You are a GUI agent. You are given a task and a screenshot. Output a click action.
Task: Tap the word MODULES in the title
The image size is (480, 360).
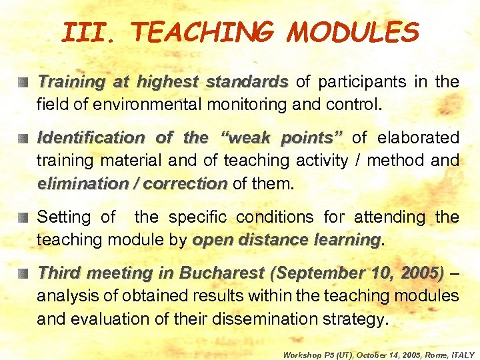353,31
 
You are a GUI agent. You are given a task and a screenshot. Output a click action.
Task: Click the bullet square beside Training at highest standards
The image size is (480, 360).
24,83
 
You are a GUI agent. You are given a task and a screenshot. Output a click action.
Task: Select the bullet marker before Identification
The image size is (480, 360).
24,138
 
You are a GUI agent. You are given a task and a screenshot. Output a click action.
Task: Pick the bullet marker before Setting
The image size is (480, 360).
24,217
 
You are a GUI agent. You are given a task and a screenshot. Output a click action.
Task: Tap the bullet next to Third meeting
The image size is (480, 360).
24,273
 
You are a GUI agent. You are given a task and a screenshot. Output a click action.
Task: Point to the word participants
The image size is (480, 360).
357,82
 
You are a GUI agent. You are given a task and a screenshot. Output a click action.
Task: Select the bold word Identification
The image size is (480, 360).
91,137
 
